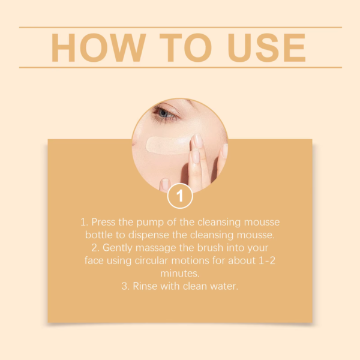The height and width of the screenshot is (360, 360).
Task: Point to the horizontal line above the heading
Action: coord(180,27)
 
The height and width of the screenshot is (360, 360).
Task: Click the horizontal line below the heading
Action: coord(180,67)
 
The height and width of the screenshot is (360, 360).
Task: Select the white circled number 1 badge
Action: coord(180,196)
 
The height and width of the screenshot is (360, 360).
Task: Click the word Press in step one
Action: coord(105,222)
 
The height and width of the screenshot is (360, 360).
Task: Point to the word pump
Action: coord(150,222)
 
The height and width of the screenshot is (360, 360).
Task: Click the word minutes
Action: coord(180,274)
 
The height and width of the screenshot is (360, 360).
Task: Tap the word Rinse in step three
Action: coord(145,287)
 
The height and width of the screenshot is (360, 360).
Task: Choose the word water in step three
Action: coord(225,287)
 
